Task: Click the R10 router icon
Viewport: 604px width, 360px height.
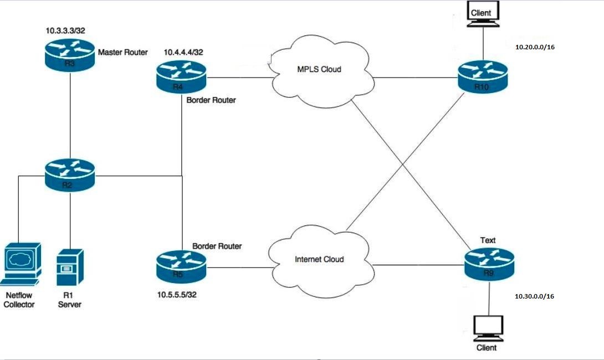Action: point(483,78)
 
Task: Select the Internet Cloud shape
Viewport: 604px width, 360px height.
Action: point(320,259)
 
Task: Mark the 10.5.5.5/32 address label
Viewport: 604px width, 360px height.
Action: point(177,294)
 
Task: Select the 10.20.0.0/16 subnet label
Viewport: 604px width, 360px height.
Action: point(535,47)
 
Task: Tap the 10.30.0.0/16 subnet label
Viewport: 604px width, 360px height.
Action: point(535,296)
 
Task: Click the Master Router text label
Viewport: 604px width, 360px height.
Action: point(123,53)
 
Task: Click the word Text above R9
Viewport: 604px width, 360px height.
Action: point(488,240)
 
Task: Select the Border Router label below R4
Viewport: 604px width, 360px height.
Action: point(211,100)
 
